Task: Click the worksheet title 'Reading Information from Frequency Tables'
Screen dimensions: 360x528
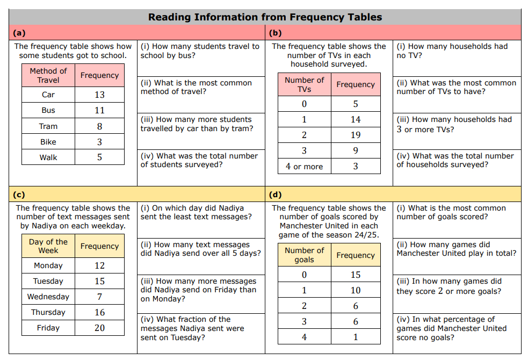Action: click(265, 17)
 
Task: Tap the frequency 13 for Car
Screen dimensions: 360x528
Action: click(99, 95)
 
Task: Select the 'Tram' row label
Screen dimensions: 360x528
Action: click(48, 126)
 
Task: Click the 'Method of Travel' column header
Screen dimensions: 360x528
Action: click(48, 76)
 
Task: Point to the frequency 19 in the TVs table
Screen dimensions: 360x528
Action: click(356, 135)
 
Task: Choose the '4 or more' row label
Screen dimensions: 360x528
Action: click(305, 167)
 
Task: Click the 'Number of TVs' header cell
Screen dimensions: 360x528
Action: click(305, 84)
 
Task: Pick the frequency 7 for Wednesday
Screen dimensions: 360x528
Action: click(99, 297)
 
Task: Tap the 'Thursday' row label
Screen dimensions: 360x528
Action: click(48, 312)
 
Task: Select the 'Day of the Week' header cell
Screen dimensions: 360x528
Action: click(48, 246)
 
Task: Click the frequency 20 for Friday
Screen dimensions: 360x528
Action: click(99, 328)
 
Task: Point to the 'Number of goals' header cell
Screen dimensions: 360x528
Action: click(305, 255)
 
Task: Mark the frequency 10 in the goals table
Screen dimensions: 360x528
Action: click(356, 291)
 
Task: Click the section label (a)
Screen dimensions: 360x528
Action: click(18, 32)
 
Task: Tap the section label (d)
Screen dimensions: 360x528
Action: click(274, 195)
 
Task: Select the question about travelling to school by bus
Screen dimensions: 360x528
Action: click(200, 51)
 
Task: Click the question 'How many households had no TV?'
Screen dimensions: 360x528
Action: click(452, 51)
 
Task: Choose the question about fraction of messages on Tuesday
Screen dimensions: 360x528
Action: click(192, 328)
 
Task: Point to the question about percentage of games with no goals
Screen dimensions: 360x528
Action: click(451, 328)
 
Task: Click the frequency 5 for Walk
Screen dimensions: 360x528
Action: click(99, 157)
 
